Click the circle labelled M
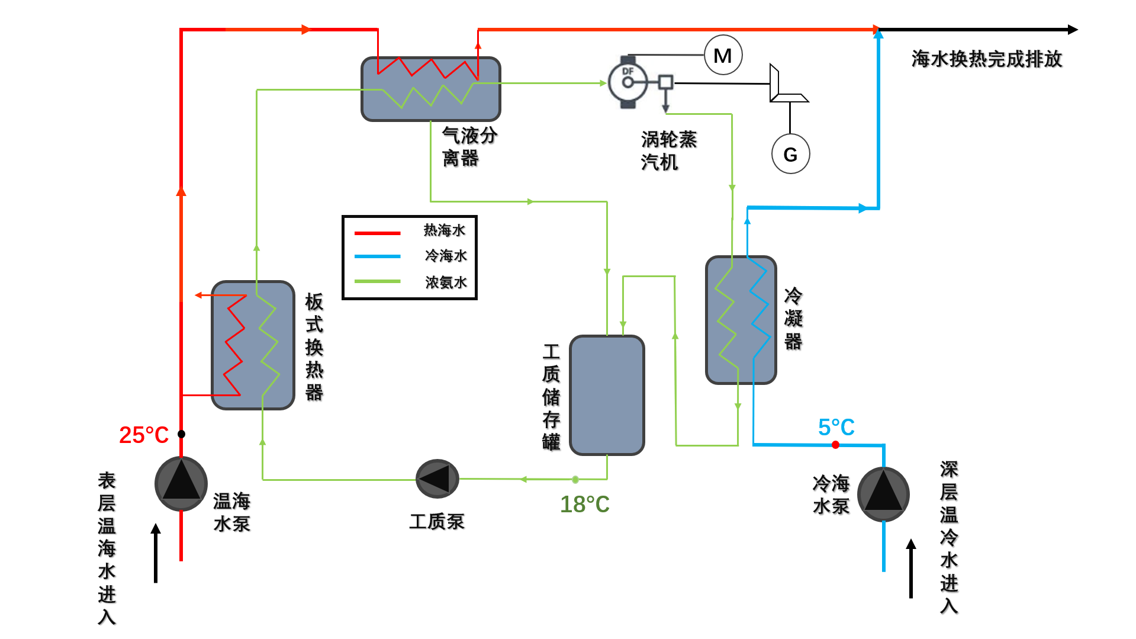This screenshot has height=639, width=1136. (723, 56)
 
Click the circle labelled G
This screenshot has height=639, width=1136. (790, 155)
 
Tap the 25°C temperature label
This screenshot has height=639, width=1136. (144, 435)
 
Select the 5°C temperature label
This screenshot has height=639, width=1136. (836, 427)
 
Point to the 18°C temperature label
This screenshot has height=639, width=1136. (584, 505)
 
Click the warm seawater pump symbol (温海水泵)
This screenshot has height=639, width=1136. (181, 483)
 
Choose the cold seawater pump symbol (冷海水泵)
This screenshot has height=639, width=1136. (883, 494)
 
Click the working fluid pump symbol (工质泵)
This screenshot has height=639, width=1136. (437, 479)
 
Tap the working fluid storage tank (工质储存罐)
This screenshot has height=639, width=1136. (607, 395)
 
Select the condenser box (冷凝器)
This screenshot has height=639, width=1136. (741, 320)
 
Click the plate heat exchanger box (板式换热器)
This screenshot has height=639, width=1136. (253, 345)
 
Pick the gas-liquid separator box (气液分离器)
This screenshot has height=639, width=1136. (430, 89)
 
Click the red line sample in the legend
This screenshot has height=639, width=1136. (377, 233)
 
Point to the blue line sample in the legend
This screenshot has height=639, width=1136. (377, 256)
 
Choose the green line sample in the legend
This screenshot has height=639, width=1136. (377, 281)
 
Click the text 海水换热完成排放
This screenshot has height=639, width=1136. (986, 59)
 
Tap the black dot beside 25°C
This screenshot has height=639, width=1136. (181, 434)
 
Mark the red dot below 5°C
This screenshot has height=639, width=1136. (835, 445)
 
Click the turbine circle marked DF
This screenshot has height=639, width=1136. (627, 82)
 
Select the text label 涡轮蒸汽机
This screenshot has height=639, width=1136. (668, 150)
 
